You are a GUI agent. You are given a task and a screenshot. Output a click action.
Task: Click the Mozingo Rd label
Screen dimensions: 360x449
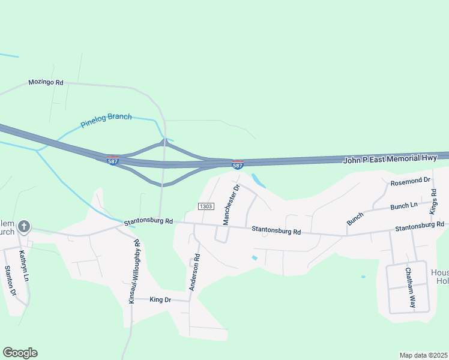46,82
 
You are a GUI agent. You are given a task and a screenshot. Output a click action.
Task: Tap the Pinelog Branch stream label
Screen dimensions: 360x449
106,121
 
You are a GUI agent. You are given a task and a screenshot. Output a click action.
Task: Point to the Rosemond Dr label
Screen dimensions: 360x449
411,179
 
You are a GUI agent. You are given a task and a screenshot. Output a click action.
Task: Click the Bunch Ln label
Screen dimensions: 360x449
403,206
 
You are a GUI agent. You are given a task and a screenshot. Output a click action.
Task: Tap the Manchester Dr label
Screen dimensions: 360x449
231,205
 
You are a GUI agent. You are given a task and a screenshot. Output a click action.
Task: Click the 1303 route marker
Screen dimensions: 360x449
206,206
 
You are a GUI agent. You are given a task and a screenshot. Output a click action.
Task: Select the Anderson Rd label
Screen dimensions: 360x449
194,272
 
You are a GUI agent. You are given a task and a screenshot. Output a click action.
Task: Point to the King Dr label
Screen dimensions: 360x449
160,299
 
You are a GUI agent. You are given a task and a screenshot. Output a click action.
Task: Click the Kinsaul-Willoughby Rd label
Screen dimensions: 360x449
134,272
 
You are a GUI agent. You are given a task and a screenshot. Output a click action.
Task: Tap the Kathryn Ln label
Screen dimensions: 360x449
23,266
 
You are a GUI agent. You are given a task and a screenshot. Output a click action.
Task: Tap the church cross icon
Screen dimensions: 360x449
24,227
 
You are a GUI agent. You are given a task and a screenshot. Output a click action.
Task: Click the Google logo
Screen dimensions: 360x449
20,353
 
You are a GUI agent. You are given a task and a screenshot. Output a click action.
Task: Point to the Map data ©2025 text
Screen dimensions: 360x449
423,355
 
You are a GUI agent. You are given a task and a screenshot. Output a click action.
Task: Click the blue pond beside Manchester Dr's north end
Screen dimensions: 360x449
258,180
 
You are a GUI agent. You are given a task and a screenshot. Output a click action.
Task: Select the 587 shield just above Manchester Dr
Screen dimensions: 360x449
238,164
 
